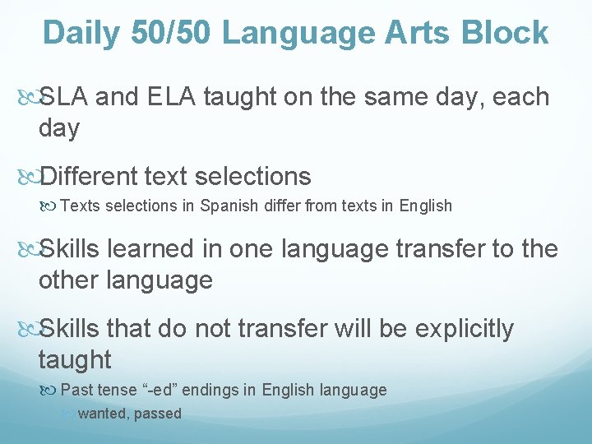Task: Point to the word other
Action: click(72, 280)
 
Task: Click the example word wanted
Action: click(101, 414)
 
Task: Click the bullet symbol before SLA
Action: click(27, 98)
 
